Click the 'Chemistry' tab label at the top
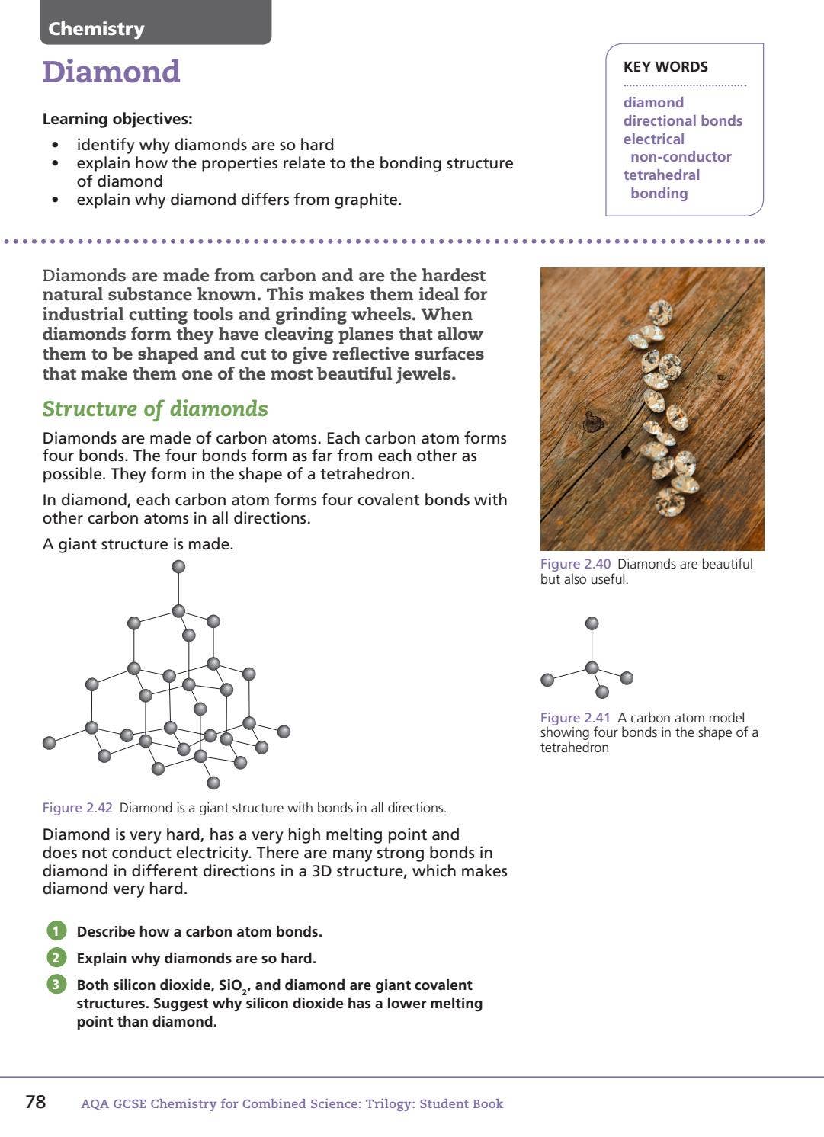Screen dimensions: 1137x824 pos(96,29)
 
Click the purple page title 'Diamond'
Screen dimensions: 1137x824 pos(111,72)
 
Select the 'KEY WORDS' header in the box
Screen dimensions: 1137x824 pos(665,67)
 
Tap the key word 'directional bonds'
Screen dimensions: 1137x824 pos(682,120)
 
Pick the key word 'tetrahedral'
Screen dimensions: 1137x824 pos(661,175)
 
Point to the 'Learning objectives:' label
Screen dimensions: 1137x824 pos(117,119)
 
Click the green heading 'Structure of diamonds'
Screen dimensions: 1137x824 pos(155,409)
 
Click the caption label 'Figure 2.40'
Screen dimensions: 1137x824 pos(576,564)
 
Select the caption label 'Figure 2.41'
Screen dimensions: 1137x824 pos(576,718)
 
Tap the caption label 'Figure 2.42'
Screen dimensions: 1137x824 pos(77,808)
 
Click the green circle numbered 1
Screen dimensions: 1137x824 pos(56,931)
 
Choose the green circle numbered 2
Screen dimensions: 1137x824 pos(56,958)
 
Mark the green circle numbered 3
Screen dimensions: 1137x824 pos(56,985)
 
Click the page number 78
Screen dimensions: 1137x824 pos(36,1102)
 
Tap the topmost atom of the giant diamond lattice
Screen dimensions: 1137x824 pos(178,566)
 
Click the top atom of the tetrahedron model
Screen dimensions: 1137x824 pos(592,623)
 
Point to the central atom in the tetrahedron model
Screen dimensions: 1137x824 pos(592,668)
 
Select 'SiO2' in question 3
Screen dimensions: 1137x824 pos(232,986)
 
